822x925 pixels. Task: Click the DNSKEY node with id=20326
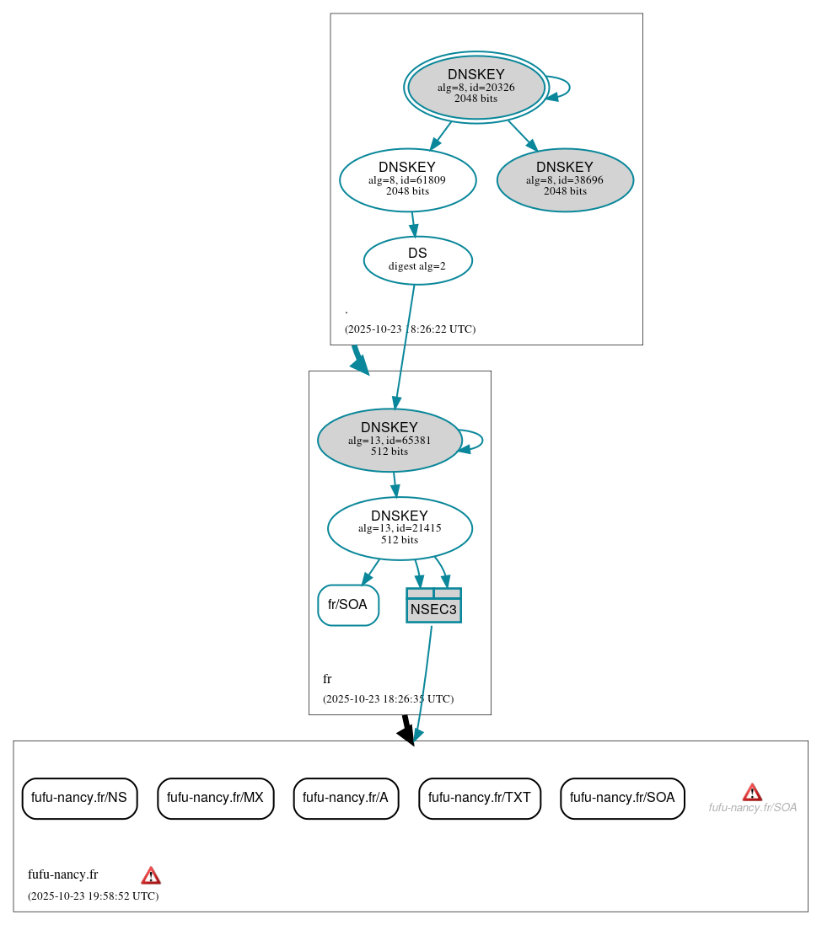coord(476,87)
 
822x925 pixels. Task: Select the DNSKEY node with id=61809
coord(407,179)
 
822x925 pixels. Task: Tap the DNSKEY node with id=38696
coord(565,179)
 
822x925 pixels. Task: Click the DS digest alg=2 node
coord(417,260)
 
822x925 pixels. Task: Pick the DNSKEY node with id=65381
coord(390,440)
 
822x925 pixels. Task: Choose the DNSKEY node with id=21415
coord(400,528)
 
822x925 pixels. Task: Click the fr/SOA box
coord(347,605)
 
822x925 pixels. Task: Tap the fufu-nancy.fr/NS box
coord(79,798)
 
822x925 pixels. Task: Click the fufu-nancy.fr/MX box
coord(215,798)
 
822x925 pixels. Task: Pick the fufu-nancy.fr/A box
coord(346,798)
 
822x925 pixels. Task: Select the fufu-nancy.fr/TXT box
coord(479,798)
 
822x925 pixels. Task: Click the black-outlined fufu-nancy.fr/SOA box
coord(622,798)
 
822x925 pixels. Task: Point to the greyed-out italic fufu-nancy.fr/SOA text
coord(752,808)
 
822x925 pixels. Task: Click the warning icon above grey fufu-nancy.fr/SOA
coord(752,792)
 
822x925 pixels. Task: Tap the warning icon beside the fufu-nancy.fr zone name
coord(151,875)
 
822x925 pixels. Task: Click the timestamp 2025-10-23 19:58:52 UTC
coord(93,896)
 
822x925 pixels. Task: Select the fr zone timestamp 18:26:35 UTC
coord(388,699)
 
